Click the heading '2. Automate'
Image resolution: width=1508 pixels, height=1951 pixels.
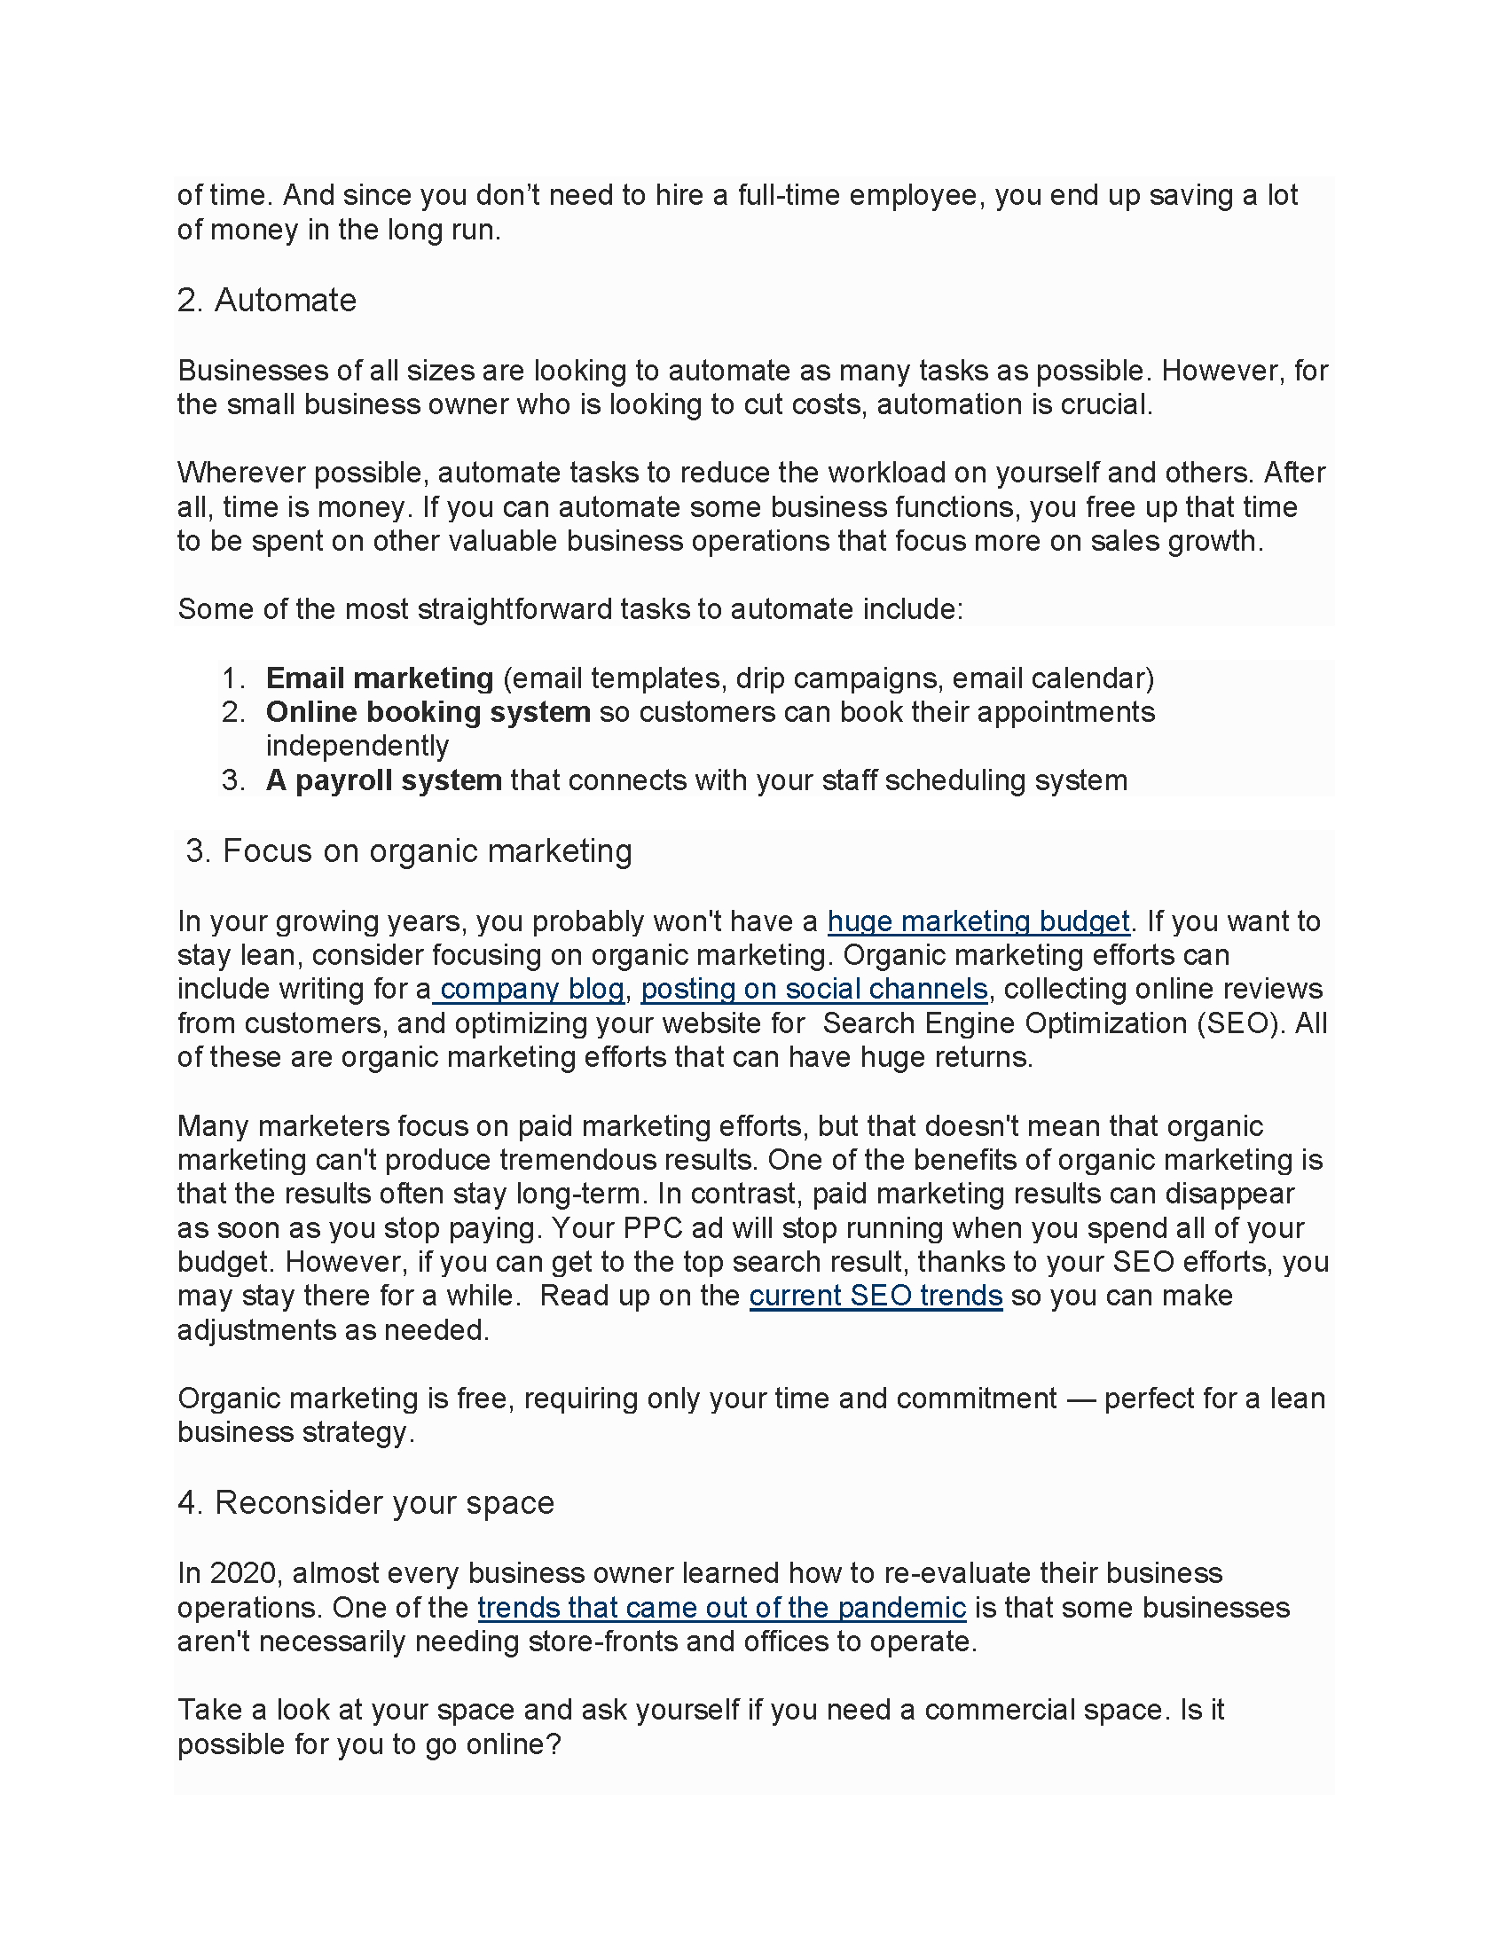[266, 300]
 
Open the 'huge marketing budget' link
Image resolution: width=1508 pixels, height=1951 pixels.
[978, 921]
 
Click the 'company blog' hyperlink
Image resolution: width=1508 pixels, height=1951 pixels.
[531, 989]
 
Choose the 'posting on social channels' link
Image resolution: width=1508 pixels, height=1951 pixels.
[813, 989]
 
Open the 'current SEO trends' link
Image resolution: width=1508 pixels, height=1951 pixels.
[876, 1296]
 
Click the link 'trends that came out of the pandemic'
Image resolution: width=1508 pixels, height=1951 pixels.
[721, 1607]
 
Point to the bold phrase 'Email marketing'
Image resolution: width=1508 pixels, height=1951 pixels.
[380, 678]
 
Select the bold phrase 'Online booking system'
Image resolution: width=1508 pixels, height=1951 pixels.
[428, 712]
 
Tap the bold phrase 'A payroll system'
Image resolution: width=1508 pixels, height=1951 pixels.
[383, 780]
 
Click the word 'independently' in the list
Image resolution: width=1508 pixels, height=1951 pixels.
[357, 746]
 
